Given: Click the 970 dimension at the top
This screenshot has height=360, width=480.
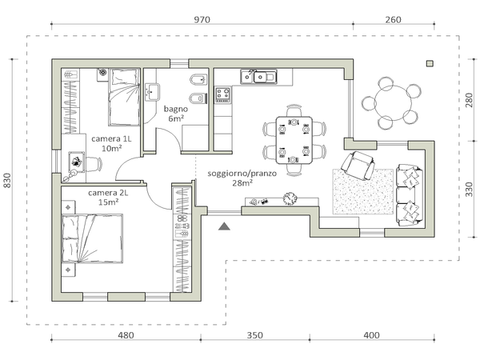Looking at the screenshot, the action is coord(202,19).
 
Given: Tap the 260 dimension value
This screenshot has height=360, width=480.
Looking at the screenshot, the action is coord(393,19).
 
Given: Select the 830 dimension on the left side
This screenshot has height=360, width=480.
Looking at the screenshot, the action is coord(7,181).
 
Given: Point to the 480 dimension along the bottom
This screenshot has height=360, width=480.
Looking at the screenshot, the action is coord(126,335).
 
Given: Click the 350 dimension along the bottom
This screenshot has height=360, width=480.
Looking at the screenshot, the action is coord(254,335).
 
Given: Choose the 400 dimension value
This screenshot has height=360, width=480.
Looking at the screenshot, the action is coord(372,335).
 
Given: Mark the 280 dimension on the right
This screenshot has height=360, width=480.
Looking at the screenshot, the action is coord(469,100).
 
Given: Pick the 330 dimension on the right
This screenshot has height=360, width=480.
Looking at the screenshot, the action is coord(469,189).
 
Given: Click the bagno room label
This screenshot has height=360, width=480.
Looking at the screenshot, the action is coord(176,109).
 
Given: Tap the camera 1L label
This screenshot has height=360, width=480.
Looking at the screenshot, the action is coord(111,138).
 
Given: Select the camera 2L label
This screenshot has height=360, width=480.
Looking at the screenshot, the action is coord(108,193).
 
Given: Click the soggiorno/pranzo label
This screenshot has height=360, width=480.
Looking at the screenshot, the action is coord(242,174).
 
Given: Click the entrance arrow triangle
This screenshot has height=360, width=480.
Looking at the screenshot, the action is coord(224,226).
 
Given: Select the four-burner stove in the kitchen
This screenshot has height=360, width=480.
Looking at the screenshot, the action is coord(222,95).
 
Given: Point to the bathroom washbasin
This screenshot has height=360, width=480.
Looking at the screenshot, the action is coord(152,92).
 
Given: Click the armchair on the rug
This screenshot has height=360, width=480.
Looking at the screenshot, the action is coord(358,166).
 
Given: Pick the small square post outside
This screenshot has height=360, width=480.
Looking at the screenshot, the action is coord(430,63).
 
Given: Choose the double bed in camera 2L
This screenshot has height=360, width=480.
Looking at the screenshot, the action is coord(92,238).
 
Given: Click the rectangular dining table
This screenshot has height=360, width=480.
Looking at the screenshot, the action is coord(294,140).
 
